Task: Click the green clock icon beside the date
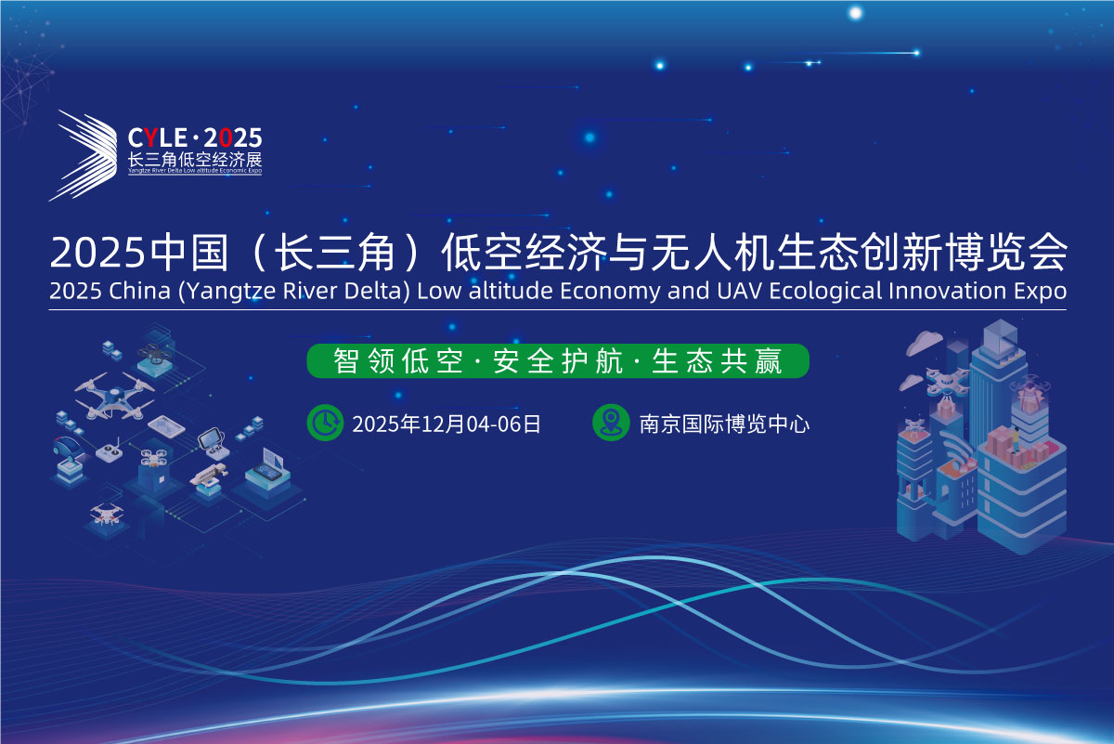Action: point(325,423)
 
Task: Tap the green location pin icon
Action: point(611,423)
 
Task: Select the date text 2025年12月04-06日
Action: point(447,424)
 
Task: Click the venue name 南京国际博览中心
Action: point(724,424)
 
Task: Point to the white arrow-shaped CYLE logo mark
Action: point(84,155)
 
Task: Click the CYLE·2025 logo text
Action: point(194,137)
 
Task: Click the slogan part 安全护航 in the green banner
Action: point(558,361)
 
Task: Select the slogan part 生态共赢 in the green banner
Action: point(717,361)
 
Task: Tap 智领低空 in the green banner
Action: point(398,361)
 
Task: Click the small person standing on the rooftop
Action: point(1016,440)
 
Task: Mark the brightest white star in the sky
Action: point(855,13)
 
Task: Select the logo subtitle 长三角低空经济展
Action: point(195,160)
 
